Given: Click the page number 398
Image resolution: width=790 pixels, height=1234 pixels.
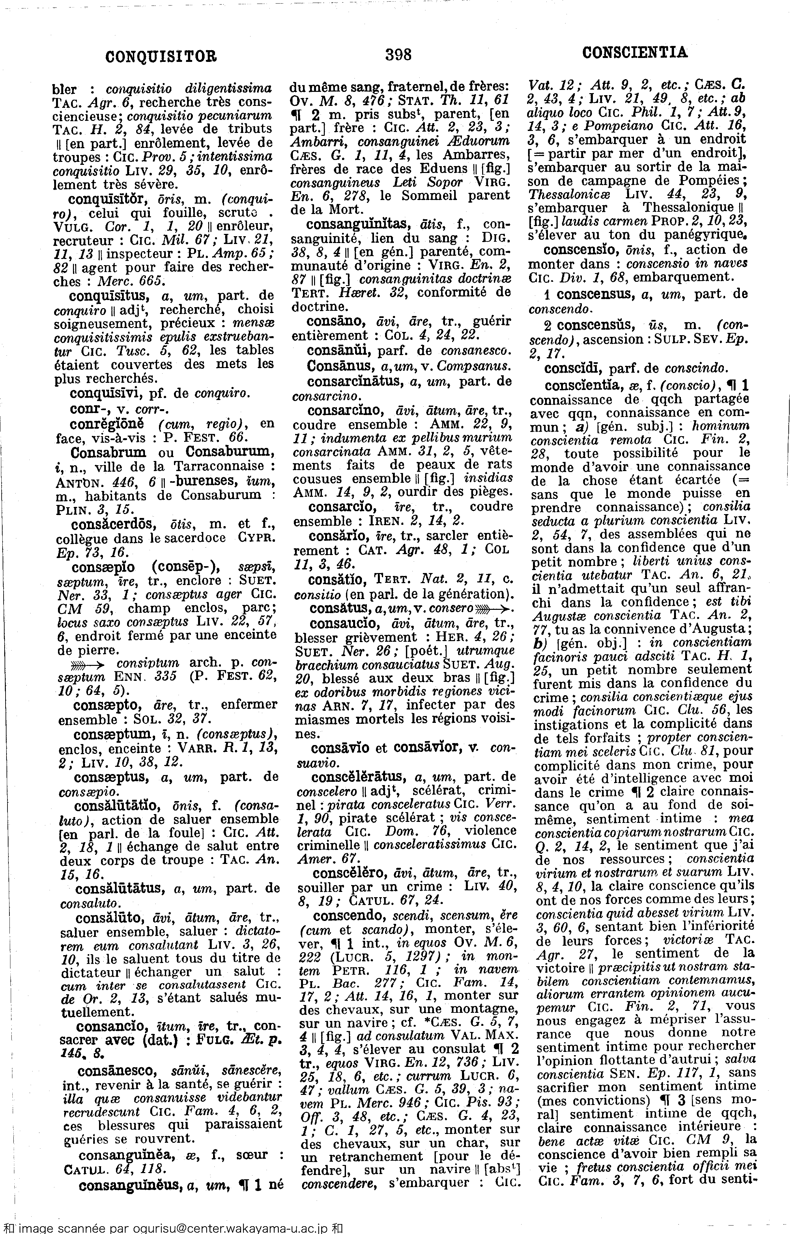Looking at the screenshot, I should click(x=398, y=54).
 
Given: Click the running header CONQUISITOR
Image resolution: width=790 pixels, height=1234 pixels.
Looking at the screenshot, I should click(x=161, y=56).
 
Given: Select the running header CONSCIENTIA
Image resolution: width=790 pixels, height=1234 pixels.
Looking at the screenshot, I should click(x=635, y=52).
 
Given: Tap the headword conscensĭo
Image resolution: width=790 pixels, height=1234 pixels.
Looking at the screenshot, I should click(x=578, y=250).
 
